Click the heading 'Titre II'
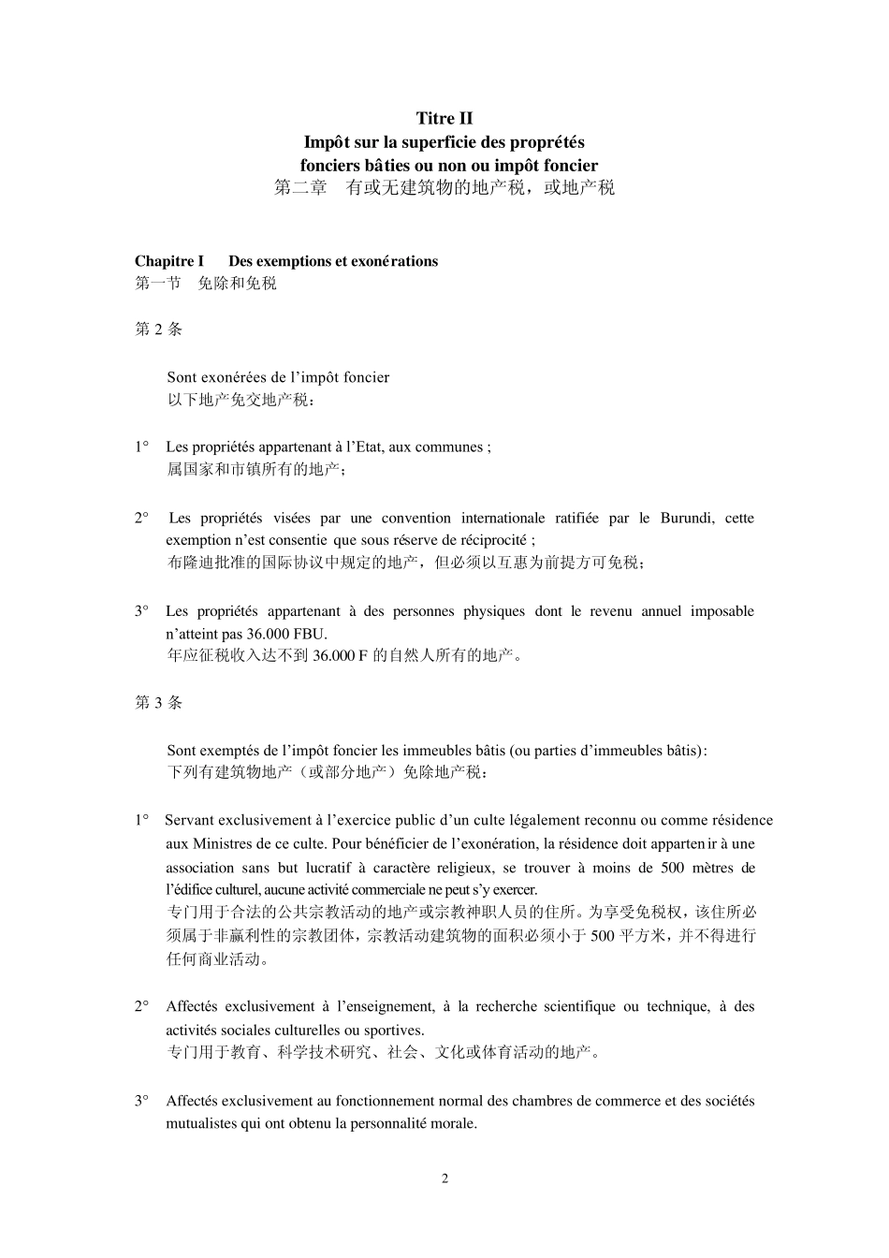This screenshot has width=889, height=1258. (444, 118)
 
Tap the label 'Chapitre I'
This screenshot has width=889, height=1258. (169, 261)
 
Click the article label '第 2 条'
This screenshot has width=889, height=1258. (159, 329)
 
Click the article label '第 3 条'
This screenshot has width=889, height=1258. (159, 703)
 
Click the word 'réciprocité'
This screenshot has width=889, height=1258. (490, 540)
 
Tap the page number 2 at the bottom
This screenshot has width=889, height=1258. (444, 1178)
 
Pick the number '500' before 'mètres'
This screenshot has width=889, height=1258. (672, 868)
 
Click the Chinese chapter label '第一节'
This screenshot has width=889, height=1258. (158, 284)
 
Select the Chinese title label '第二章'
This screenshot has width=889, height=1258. (300, 188)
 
